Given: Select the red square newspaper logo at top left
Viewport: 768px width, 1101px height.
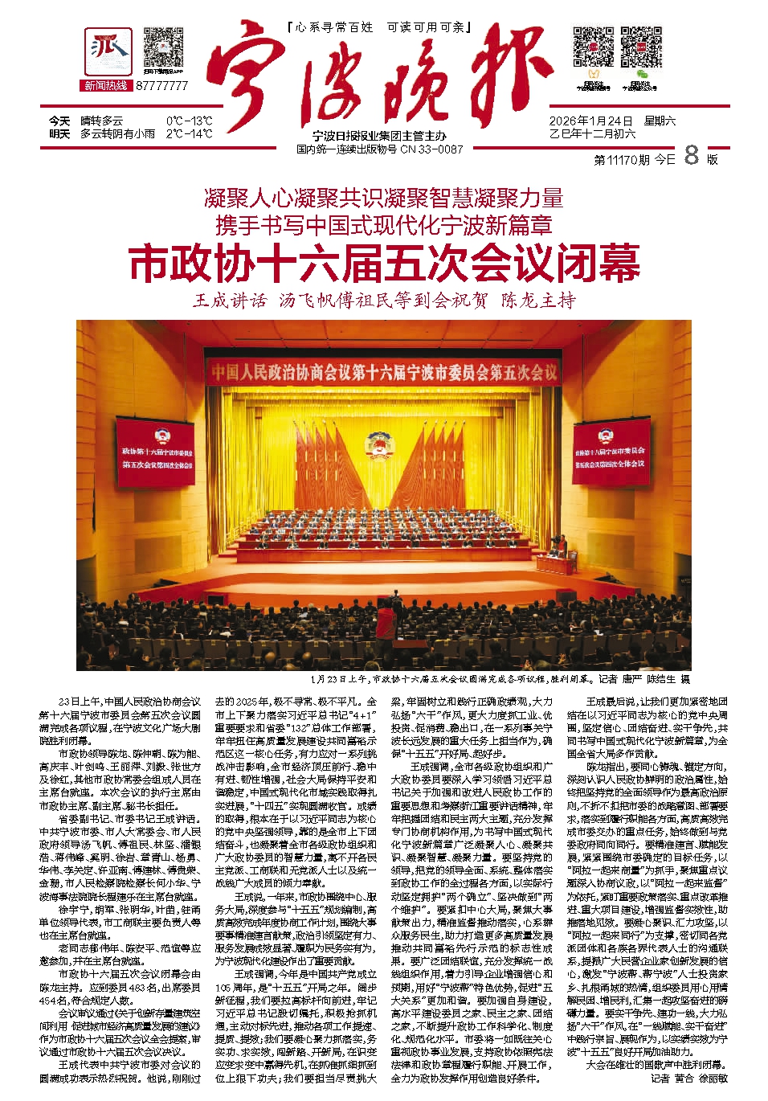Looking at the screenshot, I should [x=108, y=51].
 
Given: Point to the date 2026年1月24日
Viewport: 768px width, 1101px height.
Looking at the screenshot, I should [x=590, y=121].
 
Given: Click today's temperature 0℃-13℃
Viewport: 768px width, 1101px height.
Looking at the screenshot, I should [x=189, y=121].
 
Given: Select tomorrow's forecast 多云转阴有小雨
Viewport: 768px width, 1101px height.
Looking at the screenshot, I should [x=117, y=133].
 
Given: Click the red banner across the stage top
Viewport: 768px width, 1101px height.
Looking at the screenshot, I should [x=384, y=372].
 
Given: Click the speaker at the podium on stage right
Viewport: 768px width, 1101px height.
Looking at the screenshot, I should [x=562, y=546].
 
